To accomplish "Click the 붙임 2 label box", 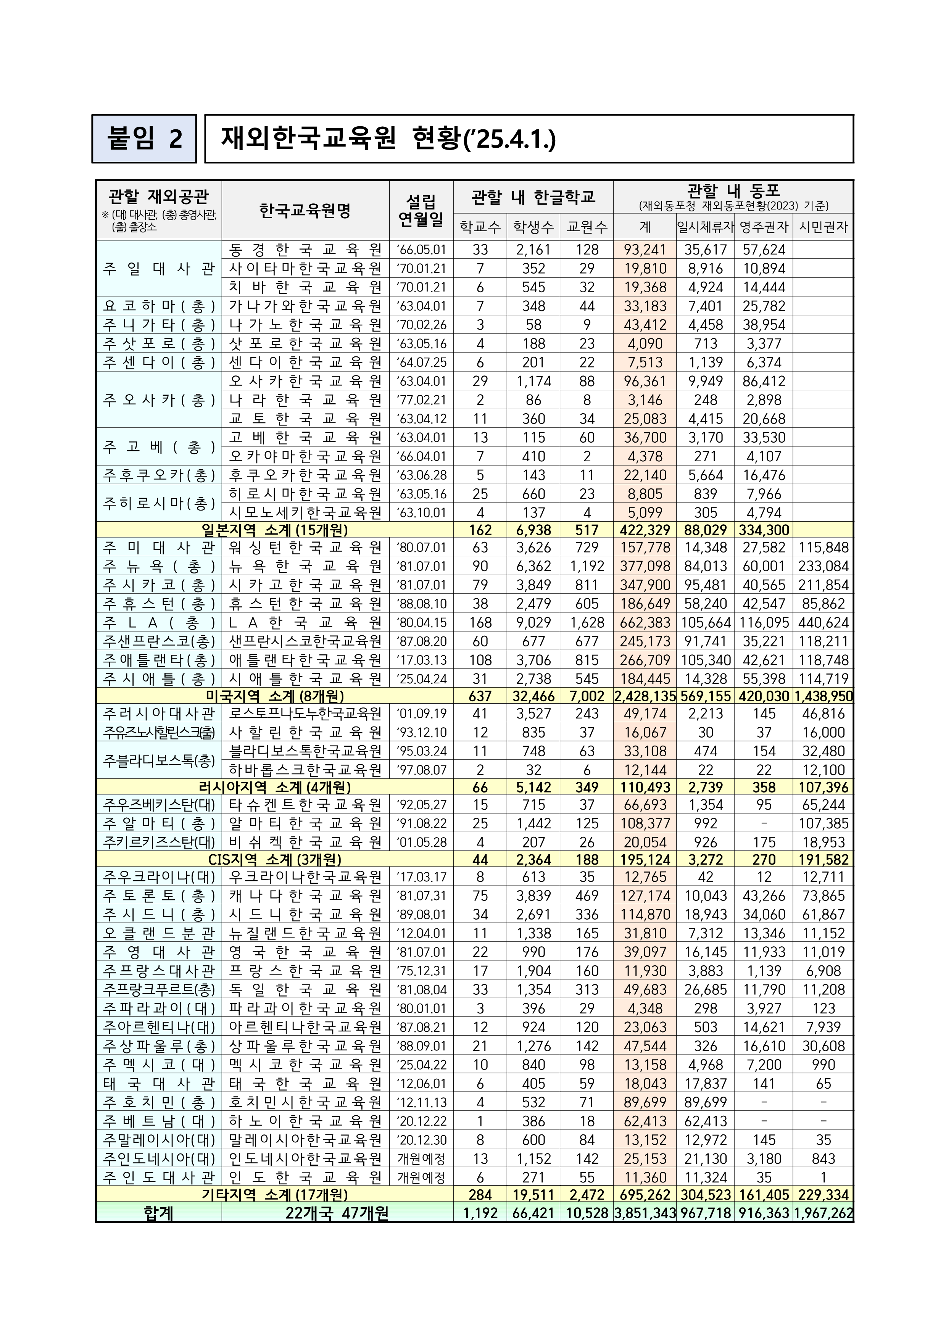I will pyautogui.click(x=144, y=139).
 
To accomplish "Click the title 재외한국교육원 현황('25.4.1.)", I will pyautogui.click(x=388, y=139).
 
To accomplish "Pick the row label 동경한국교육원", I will pyautogui.click(x=305, y=250).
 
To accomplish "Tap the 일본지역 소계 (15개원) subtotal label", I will pyautogui.click(x=274, y=530).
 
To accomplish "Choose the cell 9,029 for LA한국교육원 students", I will pyautogui.click(x=533, y=622).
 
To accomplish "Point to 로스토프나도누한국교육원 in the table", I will pyautogui.click(x=305, y=714).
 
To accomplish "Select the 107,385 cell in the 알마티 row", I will pyautogui.click(x=823, y=823).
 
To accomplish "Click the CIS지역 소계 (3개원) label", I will pyautogui.click(x=274, y=860).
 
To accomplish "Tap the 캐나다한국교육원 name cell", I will pyautogui.click(x=305, y=896).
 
